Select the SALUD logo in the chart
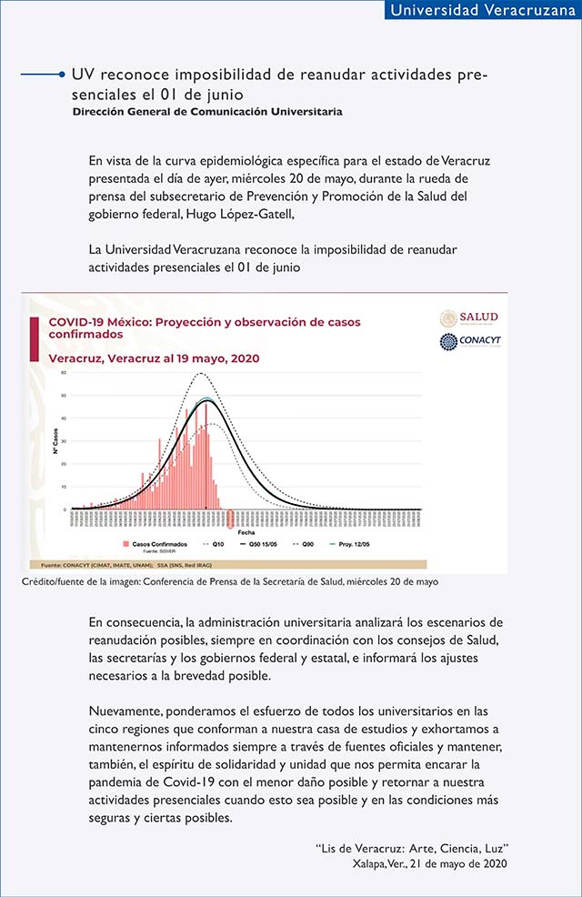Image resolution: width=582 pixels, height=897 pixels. click(x=468, y=317)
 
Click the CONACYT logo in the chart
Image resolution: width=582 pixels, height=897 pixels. click(x=468, y=342)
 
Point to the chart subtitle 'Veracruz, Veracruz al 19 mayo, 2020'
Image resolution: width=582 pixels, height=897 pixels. click(x=153, y=358)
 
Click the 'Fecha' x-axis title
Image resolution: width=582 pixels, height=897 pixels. click(x=246, y=532)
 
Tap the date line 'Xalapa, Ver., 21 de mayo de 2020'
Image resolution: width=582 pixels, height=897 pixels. click(x=429, y=862)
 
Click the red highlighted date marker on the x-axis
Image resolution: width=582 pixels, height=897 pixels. click(x=231, y=519)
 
